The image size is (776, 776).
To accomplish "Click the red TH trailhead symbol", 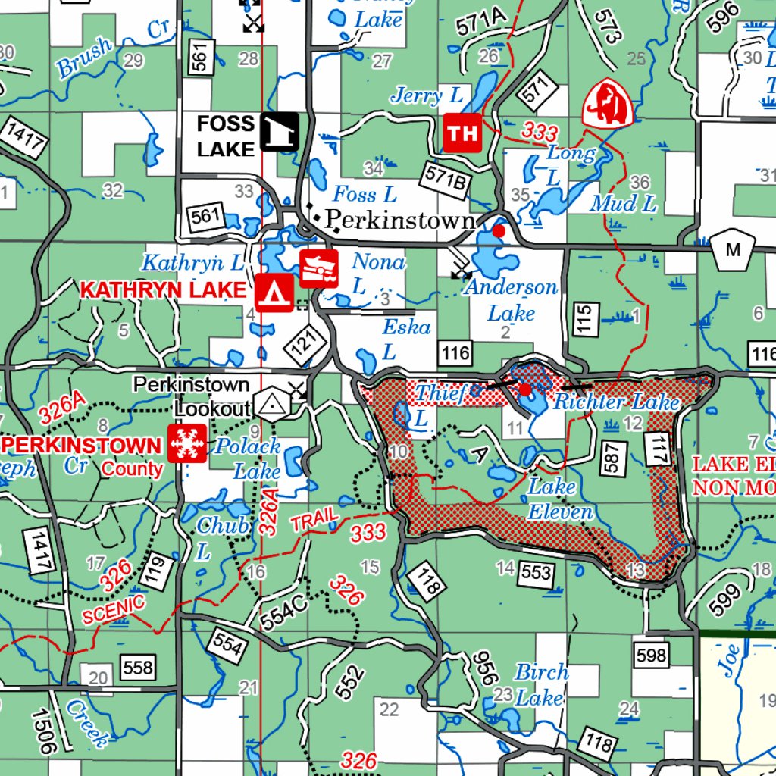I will (x=462, y=133).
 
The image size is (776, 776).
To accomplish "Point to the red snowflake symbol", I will (x=186, y=443).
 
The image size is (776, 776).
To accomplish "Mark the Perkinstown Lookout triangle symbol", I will (x=269, y=406).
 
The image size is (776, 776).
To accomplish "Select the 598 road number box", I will (x=651, y=655).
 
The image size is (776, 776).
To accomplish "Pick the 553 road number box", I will (x=537, y=572).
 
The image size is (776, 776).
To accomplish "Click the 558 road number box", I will (x=137, y=668).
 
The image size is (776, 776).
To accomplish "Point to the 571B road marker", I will (x=445, y=177).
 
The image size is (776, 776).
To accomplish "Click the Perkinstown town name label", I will (x=400, y=220).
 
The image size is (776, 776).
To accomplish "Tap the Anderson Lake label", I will (x=511, y=300).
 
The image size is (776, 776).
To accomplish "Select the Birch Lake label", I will (x=541, y=684).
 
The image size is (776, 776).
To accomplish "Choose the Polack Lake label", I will (x=247, y=458).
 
